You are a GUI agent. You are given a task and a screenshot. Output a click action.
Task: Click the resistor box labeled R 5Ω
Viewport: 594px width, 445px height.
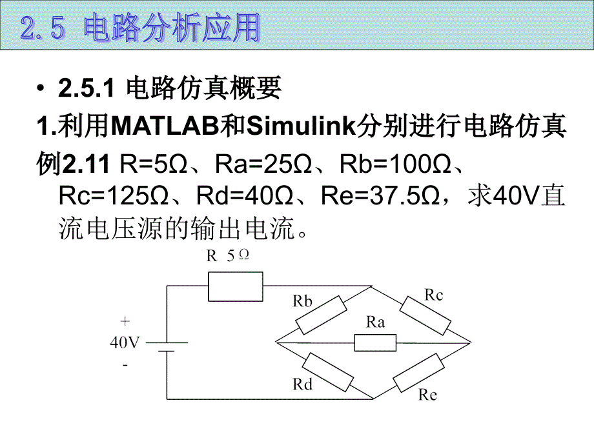[x=236, y=286]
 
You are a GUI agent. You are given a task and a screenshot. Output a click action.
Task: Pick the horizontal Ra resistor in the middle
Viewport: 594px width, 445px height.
[x=375, y=342]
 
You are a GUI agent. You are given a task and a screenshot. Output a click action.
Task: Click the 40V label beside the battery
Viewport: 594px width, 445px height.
[x=124, y=343]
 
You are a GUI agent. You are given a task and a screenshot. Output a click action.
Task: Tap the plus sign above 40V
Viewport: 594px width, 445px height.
[x=125, y=321]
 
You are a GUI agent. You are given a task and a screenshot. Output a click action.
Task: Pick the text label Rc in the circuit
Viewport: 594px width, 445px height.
[x=434, y=295]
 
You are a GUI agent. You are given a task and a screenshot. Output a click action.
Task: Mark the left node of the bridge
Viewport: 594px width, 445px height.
[x=276, y=342]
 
